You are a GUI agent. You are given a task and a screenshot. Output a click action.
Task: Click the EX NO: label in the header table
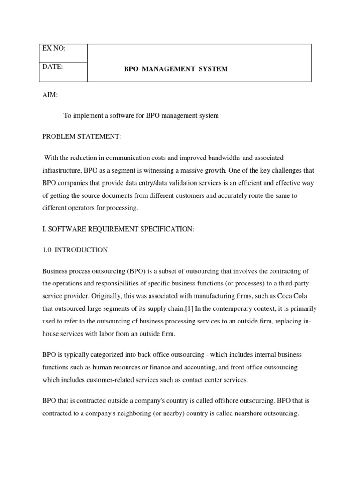click(x=53, y=48)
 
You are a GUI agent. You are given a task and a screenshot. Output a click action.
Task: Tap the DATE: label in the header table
click(x=52, y=67)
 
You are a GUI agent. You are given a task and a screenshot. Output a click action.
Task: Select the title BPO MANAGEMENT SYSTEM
click(x=176, y=69)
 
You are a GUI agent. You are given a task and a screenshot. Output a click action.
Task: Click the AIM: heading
click(x=50, y=95)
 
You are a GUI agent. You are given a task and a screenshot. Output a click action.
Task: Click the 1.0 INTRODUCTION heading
click(x=75, y=250)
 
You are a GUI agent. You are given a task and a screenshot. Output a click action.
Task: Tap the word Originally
click(x=103, y=296)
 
